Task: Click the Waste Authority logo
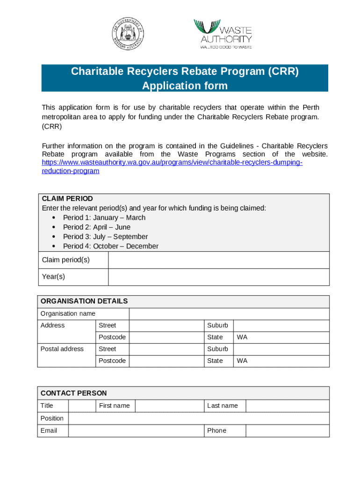click(x=223, y=34)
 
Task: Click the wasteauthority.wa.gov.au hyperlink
click(x=172, y=167)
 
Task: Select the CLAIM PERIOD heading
click(x=67, y=199)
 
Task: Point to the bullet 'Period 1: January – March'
click(x=104, y=218)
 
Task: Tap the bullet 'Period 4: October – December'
click(x=110, y=246)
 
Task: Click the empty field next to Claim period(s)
click(x=218, y=260)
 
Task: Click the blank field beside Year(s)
click(x=218, y=277)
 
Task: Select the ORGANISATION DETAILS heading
click(x=84, y=301)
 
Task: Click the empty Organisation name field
click(x=229, y=314)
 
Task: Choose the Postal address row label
click(x=62, y=349)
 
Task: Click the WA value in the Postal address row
click(x=242, y=361)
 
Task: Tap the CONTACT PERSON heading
click(x=74, y=393)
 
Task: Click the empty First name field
click(x=169, y=406)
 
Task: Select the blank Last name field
click(x=287, y=406)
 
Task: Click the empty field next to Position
click(x=198, y=419)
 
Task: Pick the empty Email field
click(x=136, y=431)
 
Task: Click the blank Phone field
click(x=287, y=431)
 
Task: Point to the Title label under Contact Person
click(x=47, y=406)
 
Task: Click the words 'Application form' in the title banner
click(x=185, y=86)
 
